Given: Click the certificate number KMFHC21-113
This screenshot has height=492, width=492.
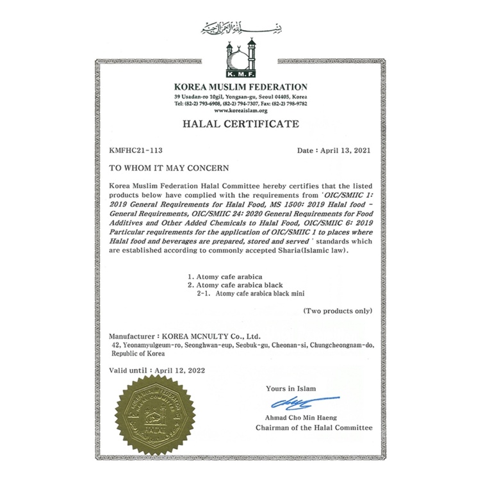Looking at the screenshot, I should [x=136, y=151].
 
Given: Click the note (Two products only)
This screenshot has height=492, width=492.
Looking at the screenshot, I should [x=338, y=311].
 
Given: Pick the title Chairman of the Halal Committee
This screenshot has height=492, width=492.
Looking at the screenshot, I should [x=313, y=427].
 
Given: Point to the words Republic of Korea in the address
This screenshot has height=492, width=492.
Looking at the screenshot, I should [x=137, y=353].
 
